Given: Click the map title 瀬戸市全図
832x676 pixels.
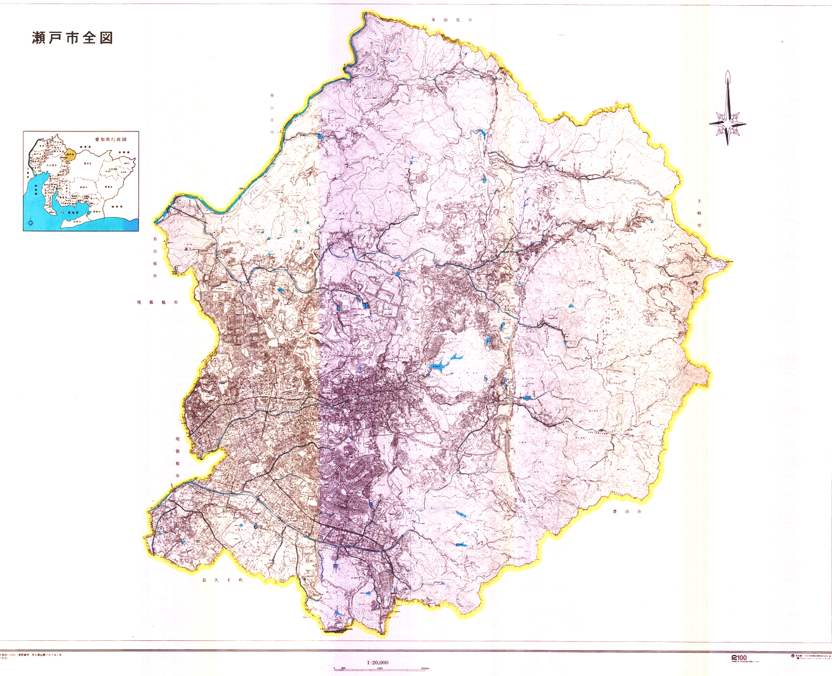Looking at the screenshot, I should click(x=72, y=38).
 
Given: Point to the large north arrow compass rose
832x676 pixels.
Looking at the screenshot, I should click(x=728, y=109).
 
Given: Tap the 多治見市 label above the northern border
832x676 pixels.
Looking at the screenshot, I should click(x=452, y=20).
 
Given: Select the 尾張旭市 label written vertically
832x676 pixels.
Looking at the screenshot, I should click(x=177, y=458).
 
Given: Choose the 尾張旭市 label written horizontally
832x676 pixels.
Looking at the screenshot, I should click(x=157, y=302).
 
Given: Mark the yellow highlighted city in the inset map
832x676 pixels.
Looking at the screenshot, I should click(x=70, y=156).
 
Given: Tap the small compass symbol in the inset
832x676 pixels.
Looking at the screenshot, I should click(x=31, y=223).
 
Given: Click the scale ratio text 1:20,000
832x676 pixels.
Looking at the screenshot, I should click(x=378, y=663).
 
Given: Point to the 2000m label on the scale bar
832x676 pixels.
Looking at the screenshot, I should click(x=425, y=668).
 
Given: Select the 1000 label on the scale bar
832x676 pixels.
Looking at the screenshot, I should click(x=379, y=668).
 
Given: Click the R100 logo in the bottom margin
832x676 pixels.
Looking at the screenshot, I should click(x=739, y=657).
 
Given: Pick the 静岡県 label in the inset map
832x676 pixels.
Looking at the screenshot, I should click(x=117, y=207).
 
